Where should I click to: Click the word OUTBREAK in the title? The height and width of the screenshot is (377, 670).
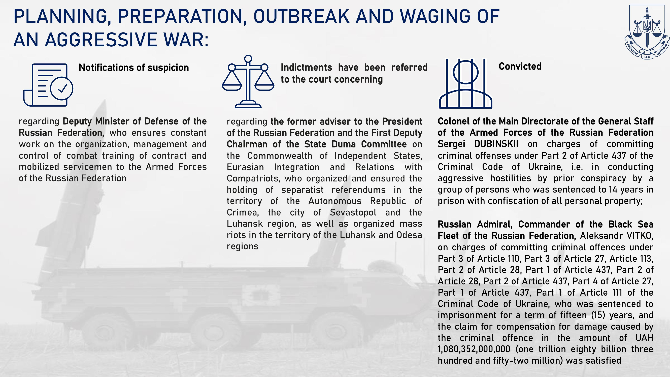[301, 16]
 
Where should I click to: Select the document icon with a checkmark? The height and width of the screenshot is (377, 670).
[48, 85]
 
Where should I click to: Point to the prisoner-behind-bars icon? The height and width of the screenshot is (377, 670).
[466, 83]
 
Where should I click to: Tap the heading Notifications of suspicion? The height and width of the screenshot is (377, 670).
[134, 68]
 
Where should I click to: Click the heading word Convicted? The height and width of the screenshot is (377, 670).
[520, 66]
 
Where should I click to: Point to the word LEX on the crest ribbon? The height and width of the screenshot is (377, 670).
[647, 57]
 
